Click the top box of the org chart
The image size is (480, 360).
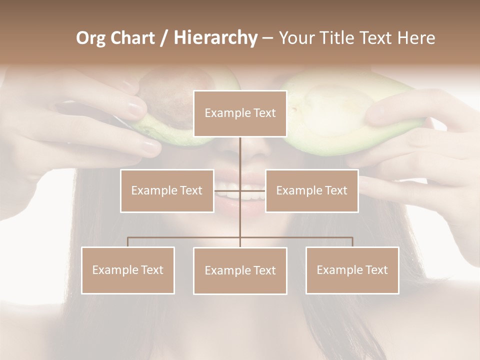point(240,113)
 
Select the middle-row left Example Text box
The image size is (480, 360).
point(167,190)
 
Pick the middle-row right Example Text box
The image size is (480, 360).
point(311,190)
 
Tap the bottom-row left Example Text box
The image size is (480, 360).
point(128,270)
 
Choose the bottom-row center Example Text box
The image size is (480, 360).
point(240,270)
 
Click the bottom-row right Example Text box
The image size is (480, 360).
point(352,270)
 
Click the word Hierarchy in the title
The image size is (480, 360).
point(215,38)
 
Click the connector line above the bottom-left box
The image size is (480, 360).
point(128,241)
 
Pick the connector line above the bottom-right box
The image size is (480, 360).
point(352,241)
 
